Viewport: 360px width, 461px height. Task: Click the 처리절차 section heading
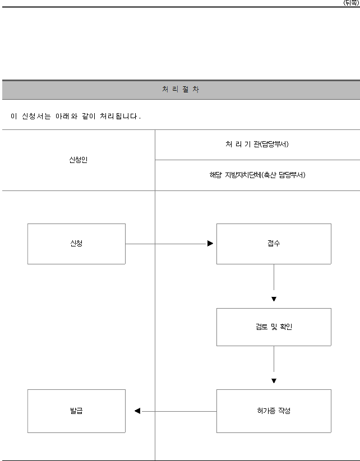click(181, 89)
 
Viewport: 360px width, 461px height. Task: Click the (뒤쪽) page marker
click(351, 3)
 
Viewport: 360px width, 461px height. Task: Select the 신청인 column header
click(79, 160)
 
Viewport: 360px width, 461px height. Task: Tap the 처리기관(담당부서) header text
click(257, 144)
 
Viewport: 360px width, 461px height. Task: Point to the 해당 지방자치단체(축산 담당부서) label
click(257, 175)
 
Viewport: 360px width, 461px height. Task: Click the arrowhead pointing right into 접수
click(210, 244)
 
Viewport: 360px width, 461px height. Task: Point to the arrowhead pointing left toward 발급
click(137, 411)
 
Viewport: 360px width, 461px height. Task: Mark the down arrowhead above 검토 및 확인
click(274, 299)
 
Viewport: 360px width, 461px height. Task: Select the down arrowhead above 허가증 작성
click(274, 381)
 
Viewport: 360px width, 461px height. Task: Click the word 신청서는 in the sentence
click(36, 117)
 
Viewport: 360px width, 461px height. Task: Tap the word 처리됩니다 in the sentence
click(120, 117)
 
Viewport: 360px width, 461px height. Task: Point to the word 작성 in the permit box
click(284, 411)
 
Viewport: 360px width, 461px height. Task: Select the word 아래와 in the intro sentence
click(67, 117)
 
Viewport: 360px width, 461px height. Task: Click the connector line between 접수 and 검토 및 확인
click(274, 277)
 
